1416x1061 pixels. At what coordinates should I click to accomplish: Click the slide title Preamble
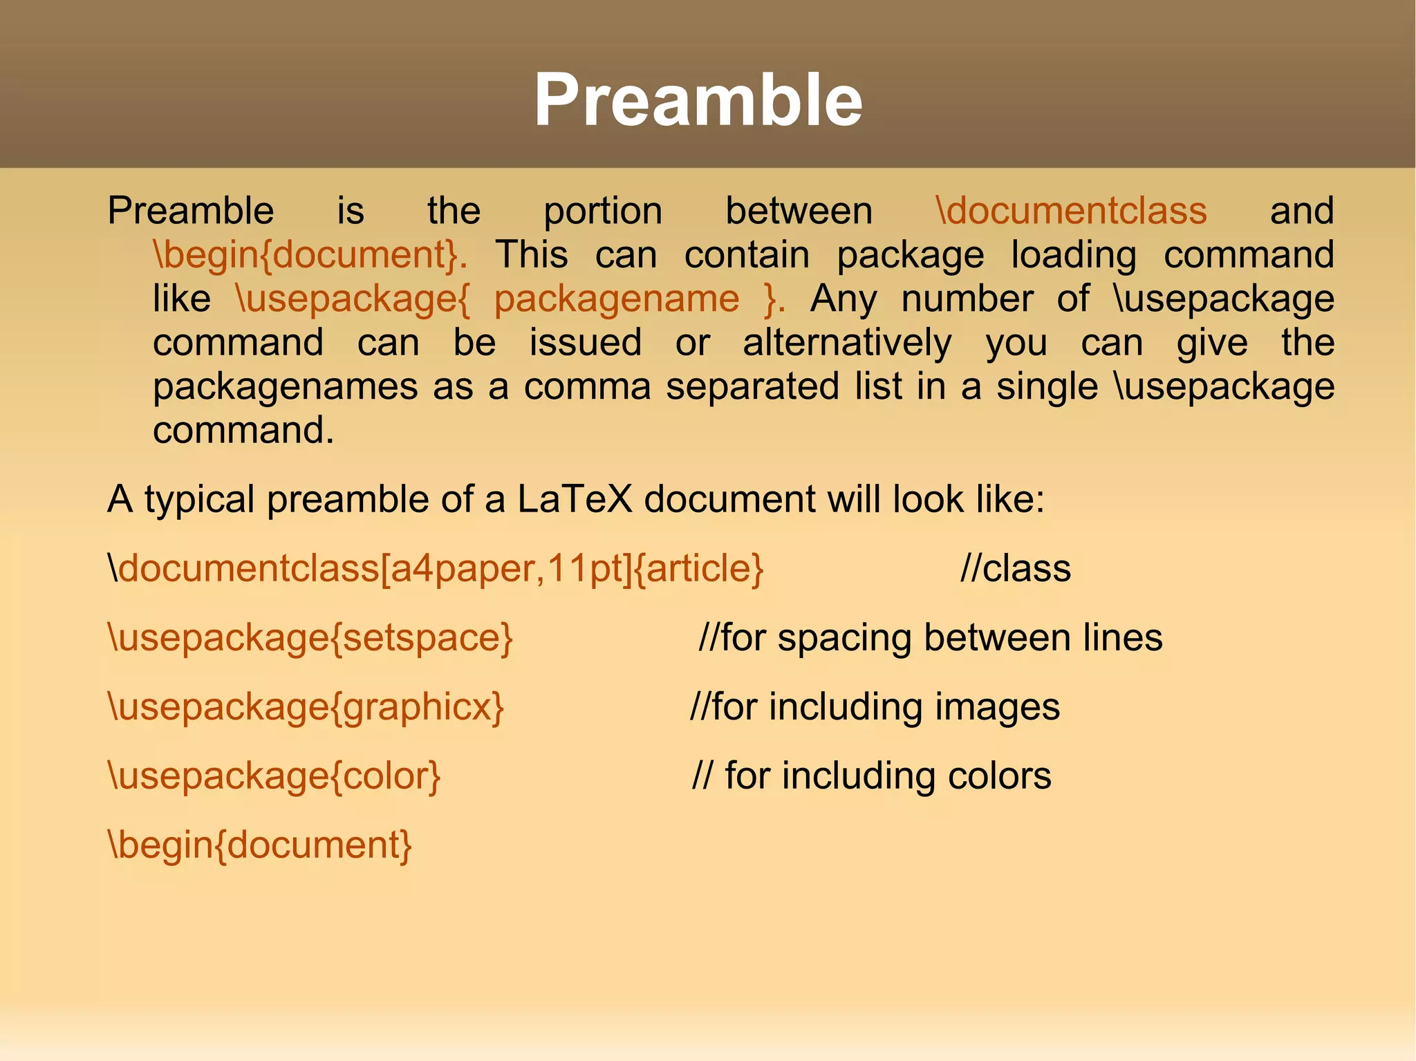click(698, 101)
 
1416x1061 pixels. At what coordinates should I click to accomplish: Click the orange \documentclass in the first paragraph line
click(1071, 211)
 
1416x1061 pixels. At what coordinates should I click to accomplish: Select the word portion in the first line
click(602, 212)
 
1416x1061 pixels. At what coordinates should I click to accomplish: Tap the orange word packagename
click(616, 300)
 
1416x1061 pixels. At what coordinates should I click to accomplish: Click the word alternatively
click(847, 344)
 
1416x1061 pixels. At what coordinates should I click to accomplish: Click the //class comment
click(1015, 569)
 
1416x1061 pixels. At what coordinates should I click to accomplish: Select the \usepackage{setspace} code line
click(310, 638)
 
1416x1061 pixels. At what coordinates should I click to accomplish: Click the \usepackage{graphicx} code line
click(306, 708)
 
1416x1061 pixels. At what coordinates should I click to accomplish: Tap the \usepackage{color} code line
click(274, 776)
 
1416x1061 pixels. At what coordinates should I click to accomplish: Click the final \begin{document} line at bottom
click(260, 845)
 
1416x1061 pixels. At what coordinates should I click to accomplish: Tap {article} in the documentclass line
click(698, 569)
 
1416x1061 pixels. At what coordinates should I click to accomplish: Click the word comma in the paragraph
click(587, 387)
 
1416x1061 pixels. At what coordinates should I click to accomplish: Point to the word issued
click(585, 344)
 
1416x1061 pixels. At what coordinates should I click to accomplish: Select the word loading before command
click(1073, 256)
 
